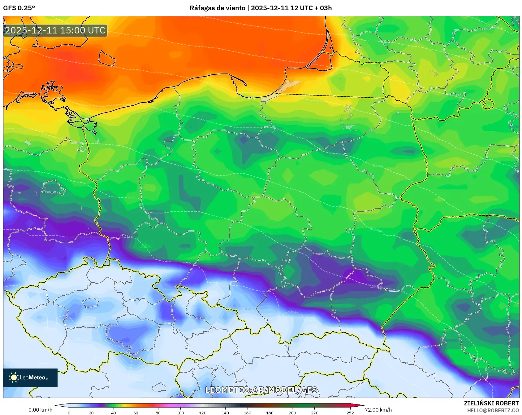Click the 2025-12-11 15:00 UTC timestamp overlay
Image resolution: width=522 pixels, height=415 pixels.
pyautogui.click(x=55, y=30)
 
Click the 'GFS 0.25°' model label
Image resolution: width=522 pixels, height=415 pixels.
pyautogui.click(x=19, y=8)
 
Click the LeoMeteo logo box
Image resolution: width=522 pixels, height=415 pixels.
pyautogui.click(x=30, y=377)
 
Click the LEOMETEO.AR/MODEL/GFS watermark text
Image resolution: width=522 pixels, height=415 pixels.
pyautogui.click(x=261, y=390)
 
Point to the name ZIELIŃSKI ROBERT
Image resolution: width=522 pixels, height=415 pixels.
pyautogui.click(x=491, y=403)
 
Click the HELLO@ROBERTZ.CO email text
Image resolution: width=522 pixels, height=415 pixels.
pyautogui.click(x=493, y=410)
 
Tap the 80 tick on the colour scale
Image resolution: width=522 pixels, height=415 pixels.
pyautogui.click(x=158, y=413)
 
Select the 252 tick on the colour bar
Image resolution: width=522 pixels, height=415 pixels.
pyautogui.click(x=350, y=413)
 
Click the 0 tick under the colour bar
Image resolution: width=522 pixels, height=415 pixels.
pyautogui.click(x=69, y=413)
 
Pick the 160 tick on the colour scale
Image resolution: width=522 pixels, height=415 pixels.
pyautogui.click(x=247, y=413)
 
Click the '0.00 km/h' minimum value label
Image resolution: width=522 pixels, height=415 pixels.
pyautogui.click(x=40, y=410)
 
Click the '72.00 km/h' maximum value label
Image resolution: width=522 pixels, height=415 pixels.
pyautogui.click(x=378, y=410)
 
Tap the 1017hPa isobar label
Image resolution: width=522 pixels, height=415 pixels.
pyautogui.click(x=377, y=166)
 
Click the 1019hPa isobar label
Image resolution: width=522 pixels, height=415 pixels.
pyautogui.click(x=377, y=230)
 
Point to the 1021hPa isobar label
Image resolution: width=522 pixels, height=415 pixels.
pyautogui.click(x=377, y=287)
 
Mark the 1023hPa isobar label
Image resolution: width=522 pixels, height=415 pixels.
pyautogui.click(x=296, y=313)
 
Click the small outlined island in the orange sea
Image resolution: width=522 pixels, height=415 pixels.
pyautogui.click(x=107, y=59)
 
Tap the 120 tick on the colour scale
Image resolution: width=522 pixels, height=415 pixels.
pyautogui.click(x=202, y=413)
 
